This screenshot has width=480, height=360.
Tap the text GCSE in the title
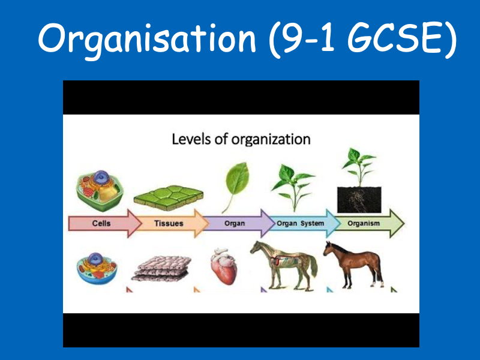[x=384, y=39]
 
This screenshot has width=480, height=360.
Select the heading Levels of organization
[x=241, y=140]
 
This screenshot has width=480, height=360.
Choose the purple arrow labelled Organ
[x=235, y=223]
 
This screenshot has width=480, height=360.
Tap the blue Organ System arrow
[x=300, y=223]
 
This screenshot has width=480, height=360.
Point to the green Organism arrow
[x=367, y=223]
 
